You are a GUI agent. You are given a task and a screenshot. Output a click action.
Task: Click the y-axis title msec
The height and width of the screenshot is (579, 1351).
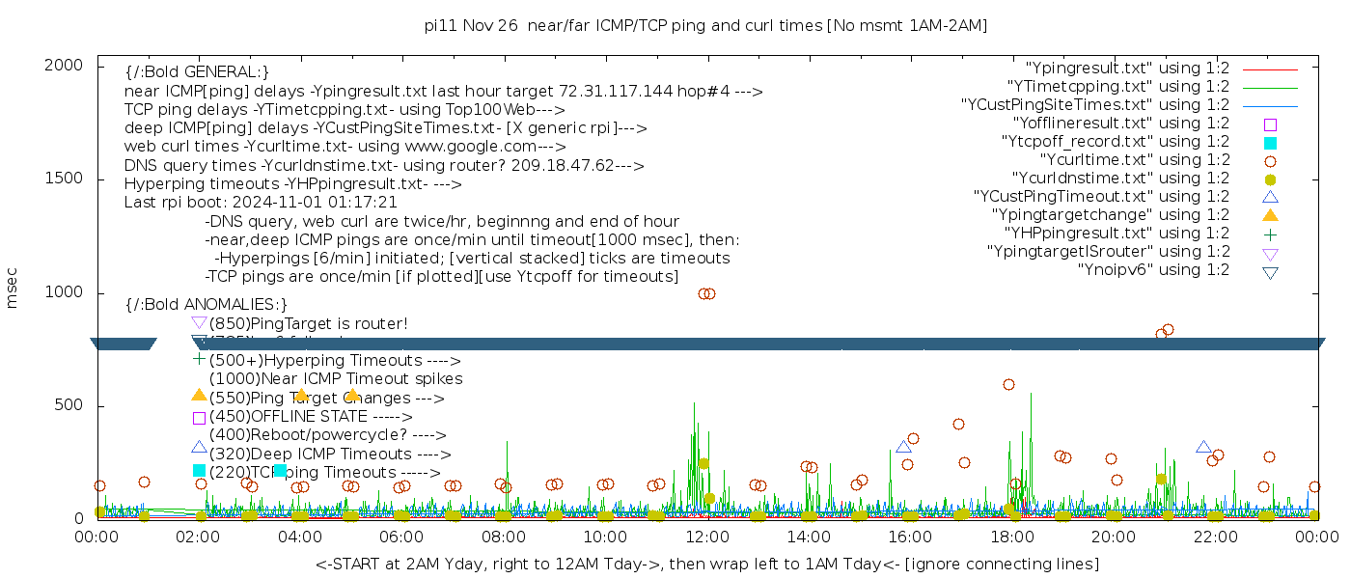pyautogui.click(x=13, y=288)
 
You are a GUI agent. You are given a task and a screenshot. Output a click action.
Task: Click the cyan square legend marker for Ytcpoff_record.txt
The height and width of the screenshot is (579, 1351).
pyautogui.click(x=1270, y=143)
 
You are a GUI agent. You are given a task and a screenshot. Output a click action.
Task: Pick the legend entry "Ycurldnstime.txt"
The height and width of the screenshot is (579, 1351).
pyautogui.click(x=1120, y=179)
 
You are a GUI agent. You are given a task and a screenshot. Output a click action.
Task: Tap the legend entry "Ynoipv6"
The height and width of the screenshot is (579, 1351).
pyautogui.click(x=1153, y=270)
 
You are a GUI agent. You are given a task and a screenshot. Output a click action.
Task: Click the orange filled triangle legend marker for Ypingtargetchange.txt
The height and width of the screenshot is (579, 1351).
pyautogui.click(x=1270, y=215)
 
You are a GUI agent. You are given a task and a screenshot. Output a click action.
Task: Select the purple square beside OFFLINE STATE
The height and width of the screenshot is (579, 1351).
pyautogui.click(x=199, y=418)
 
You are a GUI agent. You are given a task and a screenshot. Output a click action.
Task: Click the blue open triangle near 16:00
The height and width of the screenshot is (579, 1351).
pyautogui.click(x=903, y=447)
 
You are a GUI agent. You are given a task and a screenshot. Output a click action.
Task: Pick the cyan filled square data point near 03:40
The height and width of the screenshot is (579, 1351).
pyautogui.click(x=280, y=471)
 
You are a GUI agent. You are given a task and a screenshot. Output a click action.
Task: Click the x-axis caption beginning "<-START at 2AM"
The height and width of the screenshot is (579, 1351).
pyautogui.click(x=706, y=564)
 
